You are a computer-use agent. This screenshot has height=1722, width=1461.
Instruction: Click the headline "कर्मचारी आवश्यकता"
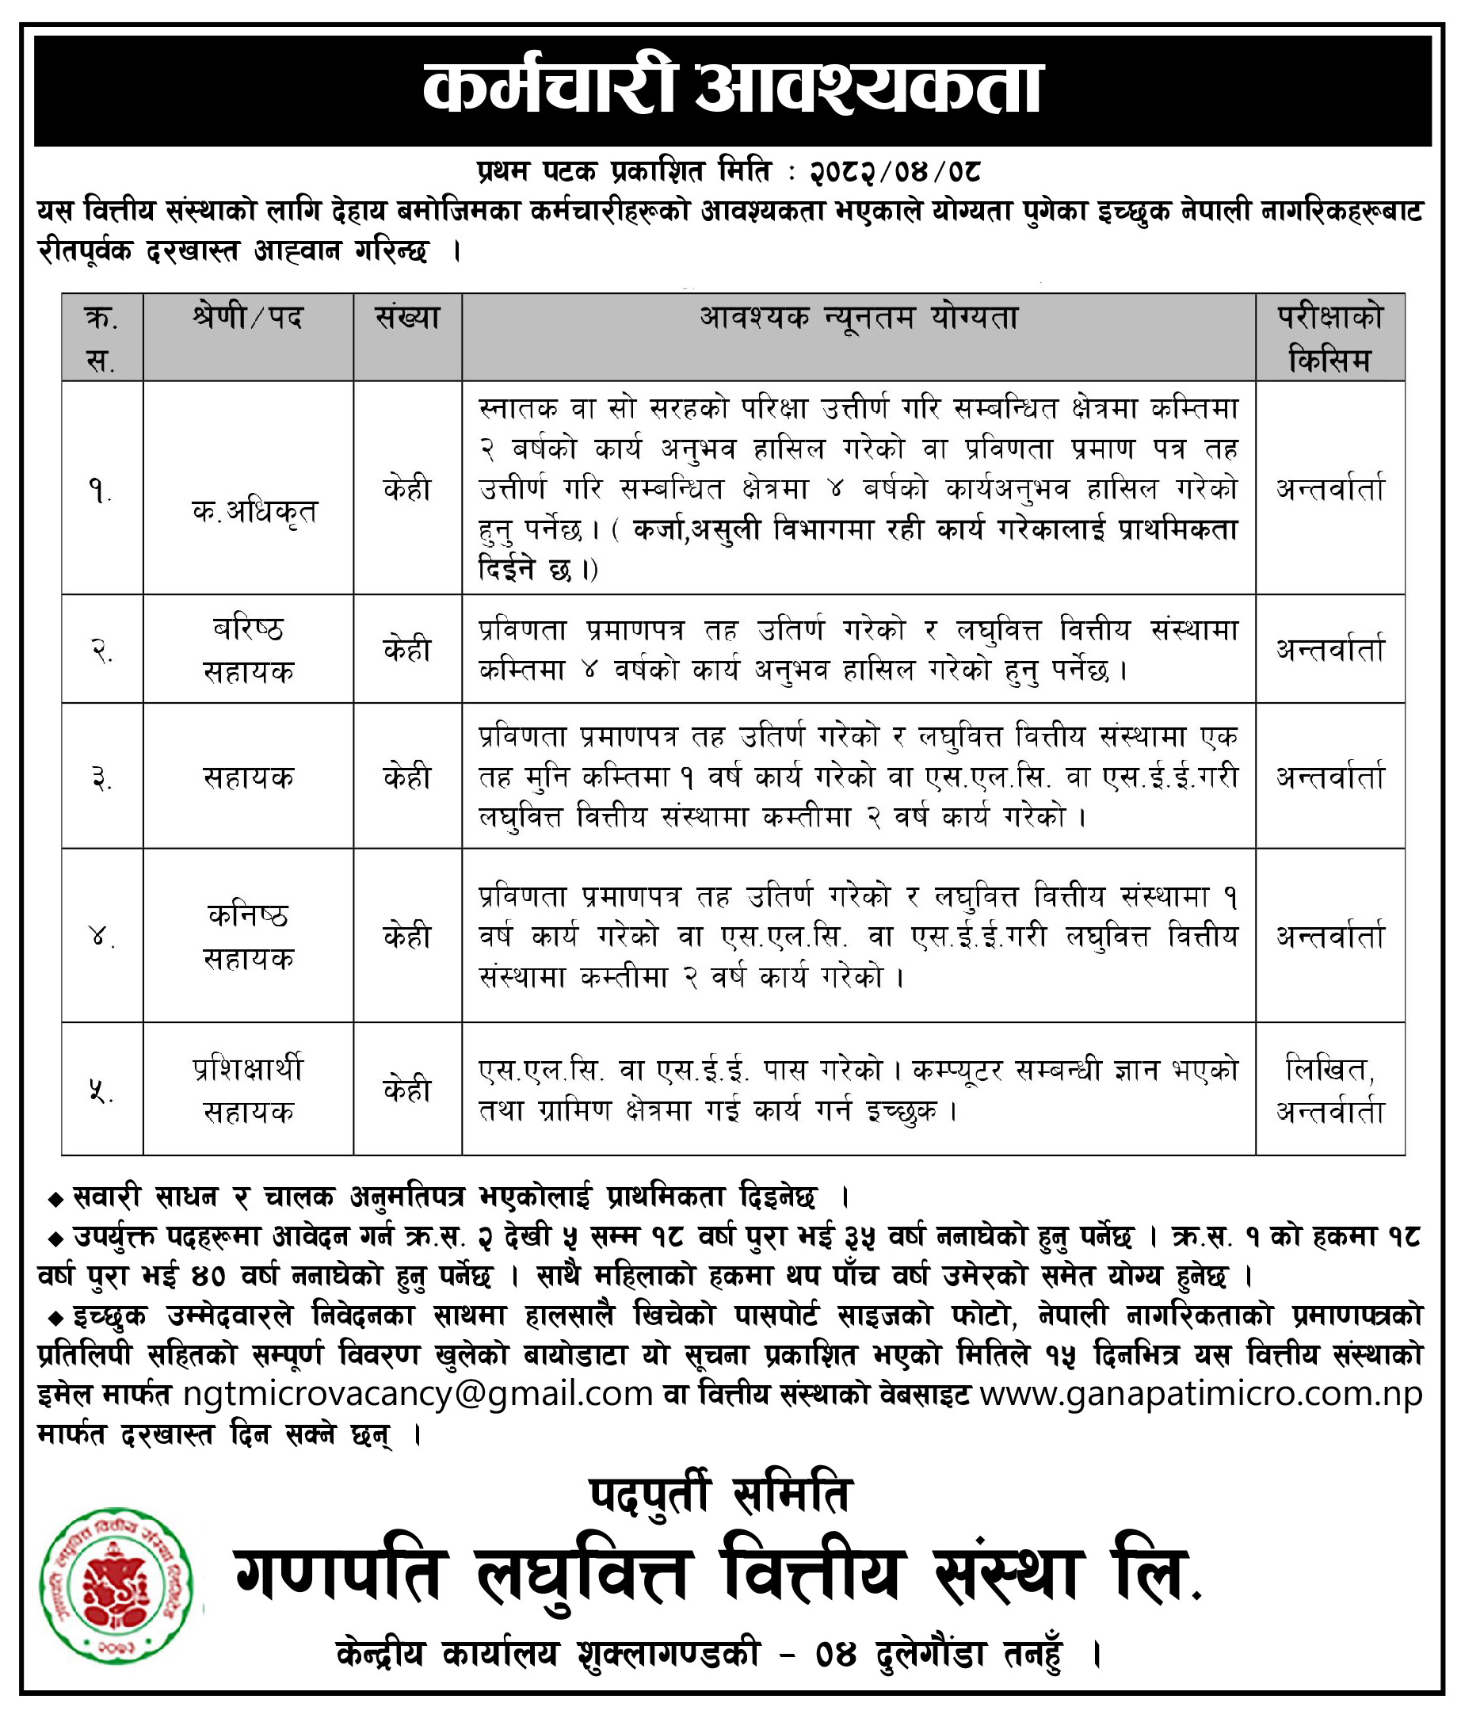click(x=732, y=90)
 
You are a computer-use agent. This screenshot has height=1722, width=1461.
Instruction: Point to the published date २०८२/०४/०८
click(x=895, y=172)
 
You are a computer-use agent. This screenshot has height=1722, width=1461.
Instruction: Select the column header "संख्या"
click(x=406, y=319)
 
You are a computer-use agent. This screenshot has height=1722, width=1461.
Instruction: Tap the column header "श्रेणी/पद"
click(x=248, y=319)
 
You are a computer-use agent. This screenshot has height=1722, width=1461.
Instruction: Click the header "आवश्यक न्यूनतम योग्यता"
click(x=858, y=319)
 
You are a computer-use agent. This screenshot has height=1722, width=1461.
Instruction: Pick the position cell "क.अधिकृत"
click(x=254, y=512)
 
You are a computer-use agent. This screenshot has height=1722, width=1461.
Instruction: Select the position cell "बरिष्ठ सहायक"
click(x=248, y=650)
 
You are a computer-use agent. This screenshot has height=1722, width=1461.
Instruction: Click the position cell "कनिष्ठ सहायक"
click(x=248, y=937)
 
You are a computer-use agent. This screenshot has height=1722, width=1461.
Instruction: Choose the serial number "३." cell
click(x=101, y=779)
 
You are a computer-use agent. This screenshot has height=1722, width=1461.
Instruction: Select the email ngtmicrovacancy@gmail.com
click(x=418, y=1394)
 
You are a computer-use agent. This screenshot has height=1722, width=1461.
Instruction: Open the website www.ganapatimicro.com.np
click(x=1201, y=1394)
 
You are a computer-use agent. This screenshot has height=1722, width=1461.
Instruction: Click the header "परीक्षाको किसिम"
click(x=1329, y=338)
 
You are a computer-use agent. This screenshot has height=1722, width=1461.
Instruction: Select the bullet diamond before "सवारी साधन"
click(x=56, y=1199)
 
